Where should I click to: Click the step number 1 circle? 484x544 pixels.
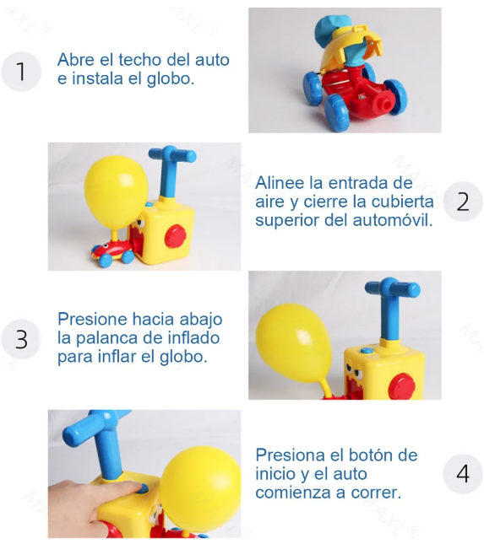(22, 71)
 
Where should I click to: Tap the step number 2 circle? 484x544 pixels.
(462, 202)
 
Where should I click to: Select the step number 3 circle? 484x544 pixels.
(22, 339)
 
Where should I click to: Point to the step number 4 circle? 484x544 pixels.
(462, 473)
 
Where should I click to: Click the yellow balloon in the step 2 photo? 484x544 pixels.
(117, 189)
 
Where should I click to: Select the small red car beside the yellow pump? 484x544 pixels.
(112, 249)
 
